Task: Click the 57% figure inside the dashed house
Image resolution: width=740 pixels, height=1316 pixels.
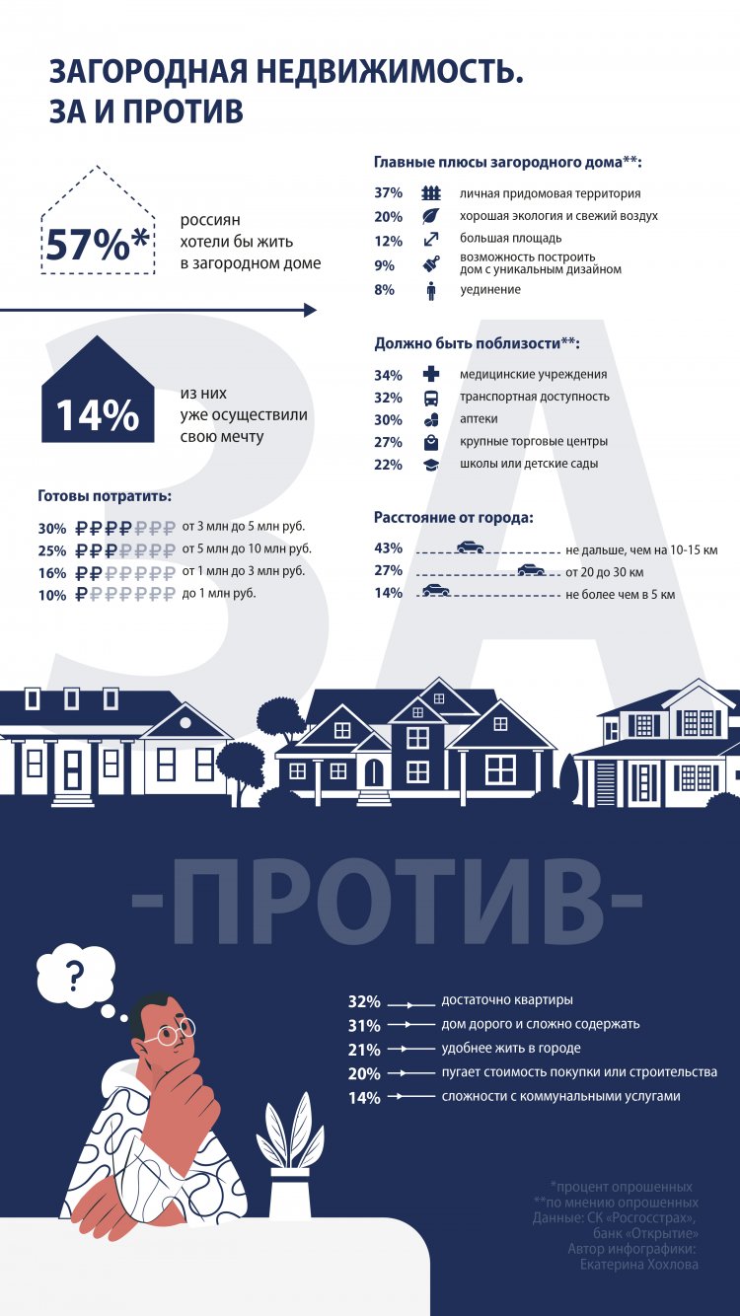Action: [x=97, y=244]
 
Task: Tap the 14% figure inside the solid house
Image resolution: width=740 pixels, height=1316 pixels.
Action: [x=97, y=415]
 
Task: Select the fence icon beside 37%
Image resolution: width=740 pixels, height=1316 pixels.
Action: [x=431, y=193]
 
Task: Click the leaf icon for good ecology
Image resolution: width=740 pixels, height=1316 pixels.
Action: [x=431, y=216]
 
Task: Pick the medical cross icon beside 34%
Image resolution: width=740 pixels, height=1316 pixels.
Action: [x=431, y=375]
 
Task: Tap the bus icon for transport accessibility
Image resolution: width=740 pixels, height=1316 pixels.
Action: [x=431, y=398]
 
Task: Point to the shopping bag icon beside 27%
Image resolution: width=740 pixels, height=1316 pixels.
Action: [x=431, y=442]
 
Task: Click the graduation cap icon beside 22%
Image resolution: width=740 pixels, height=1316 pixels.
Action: [x=431, y=465]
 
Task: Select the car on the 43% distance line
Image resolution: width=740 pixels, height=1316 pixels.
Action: [x=470, y=546]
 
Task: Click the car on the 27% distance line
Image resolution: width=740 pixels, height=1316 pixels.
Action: [x=531, y=568]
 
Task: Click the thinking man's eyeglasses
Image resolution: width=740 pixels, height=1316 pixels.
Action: [x=173, y=1032]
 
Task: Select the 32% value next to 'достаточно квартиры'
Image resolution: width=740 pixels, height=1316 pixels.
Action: [x=364, y=1001]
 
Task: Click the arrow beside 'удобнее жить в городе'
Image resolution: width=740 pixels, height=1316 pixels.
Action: [x=411, y=1050]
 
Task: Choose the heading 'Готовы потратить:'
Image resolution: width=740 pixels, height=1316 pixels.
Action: [x=105, y=495]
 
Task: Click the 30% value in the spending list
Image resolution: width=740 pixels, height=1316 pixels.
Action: [x=52, y=528]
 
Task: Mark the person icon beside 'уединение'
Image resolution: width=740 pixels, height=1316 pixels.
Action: [x=431, y=290]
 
